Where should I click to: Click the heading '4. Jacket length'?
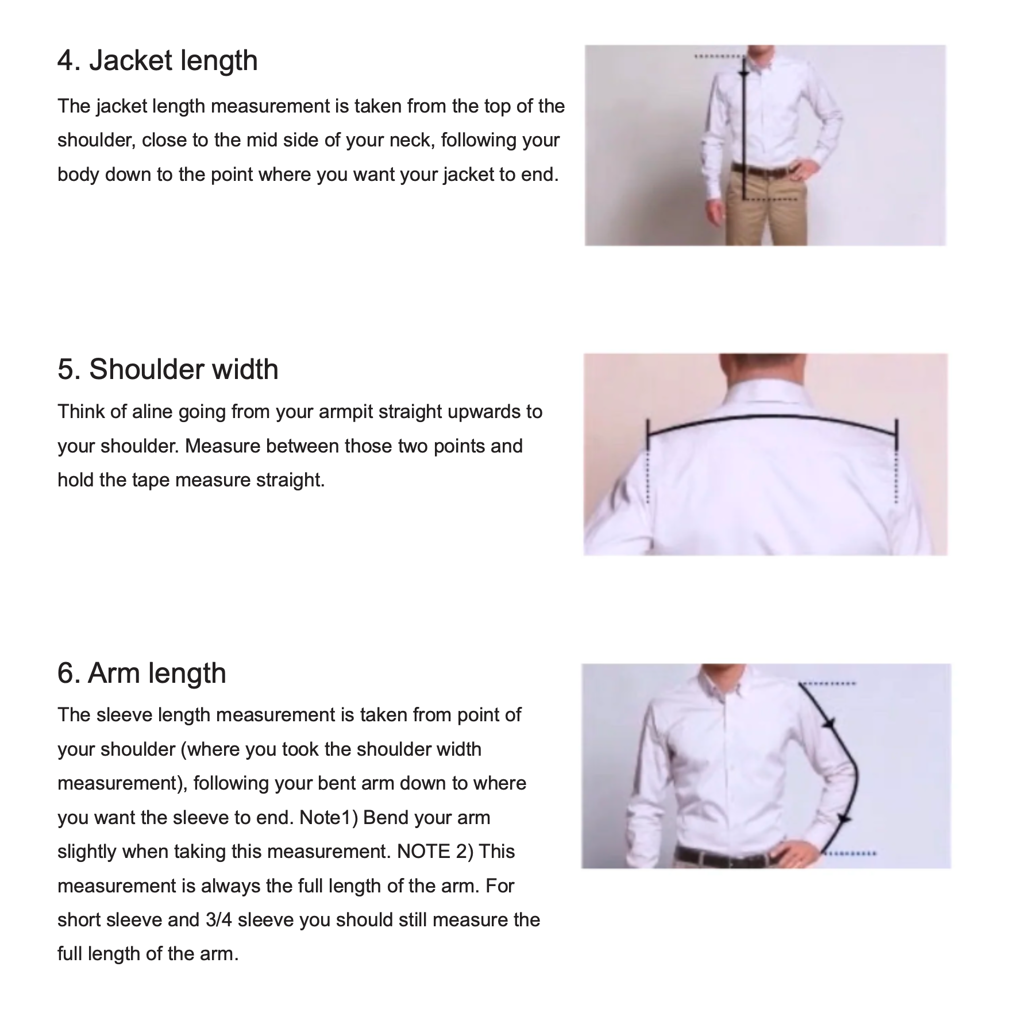click(157, 61)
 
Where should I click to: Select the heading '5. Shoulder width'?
click(168, 369)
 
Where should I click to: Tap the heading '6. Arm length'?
click(141, 673)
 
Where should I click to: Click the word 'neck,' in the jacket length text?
click(413, 141)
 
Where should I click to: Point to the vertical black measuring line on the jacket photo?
click(744, 127)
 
